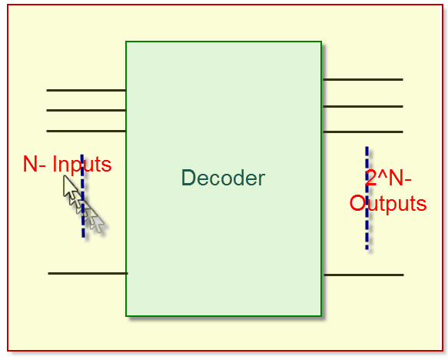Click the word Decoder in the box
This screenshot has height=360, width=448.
[223, 178]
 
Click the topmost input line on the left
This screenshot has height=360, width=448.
[85, 90]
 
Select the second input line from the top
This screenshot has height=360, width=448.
[85, 110]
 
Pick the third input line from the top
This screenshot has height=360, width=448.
[85, 131]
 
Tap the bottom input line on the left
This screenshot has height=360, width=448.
[87, 273]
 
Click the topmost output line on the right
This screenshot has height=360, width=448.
[363, 79]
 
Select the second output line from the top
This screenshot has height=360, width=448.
[363, 106]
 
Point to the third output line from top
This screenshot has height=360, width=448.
[363, 132]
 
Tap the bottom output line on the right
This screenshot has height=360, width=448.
[363, 275]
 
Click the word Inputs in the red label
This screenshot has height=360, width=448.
[82, 165]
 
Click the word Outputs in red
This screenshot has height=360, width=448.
[387, 204]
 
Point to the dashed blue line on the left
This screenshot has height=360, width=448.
[83, 223]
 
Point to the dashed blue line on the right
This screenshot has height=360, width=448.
[367, 231]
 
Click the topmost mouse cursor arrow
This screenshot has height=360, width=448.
[71, 187]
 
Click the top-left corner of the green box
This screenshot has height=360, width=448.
[127, 42]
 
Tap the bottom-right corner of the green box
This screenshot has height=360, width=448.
[320, 315]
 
